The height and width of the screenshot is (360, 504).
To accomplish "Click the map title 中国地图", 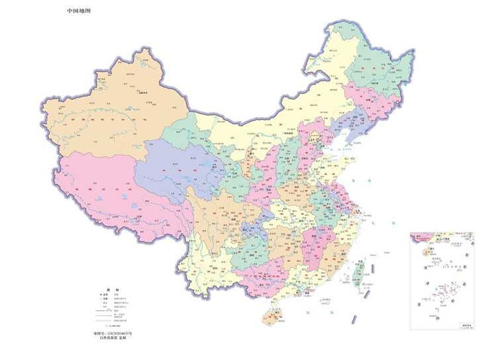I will tap(79, 11).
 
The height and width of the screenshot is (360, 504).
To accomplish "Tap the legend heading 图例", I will tap(112, 291).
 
